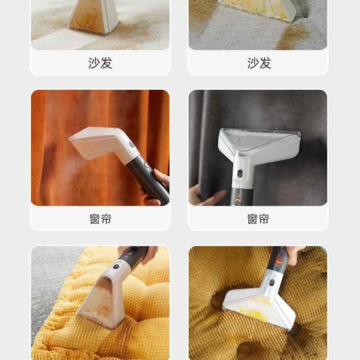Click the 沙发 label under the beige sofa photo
point(100,63)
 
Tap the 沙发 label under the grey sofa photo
point(259,63)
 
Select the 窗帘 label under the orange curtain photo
point(100,219)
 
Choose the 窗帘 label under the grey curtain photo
point(258,219)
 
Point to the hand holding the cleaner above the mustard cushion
point(292,253)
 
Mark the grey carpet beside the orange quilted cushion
point(46,273)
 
